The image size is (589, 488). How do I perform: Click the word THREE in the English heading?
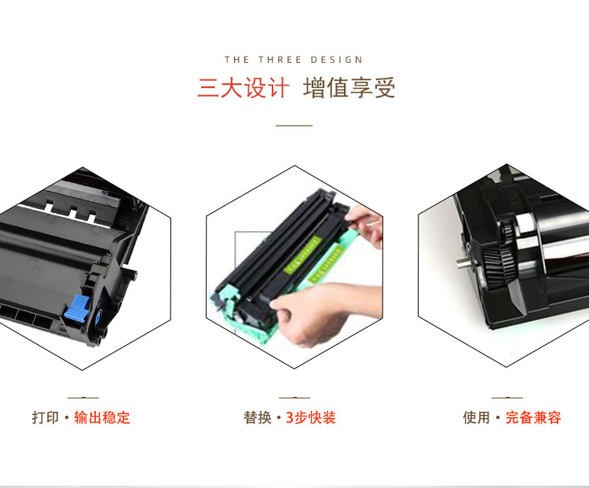click(280, 60)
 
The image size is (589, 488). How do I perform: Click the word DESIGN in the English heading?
click(337, 60)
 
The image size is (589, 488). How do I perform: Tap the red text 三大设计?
click(243, 88)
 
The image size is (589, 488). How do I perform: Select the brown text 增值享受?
click(349, 88)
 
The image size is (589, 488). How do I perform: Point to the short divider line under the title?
click(294, 126)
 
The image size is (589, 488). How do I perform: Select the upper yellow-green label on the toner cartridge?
click(302, 255)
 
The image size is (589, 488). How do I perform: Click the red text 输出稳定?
click(102, 418)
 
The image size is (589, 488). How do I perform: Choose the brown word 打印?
click(46, 418)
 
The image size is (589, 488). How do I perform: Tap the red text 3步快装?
click(311, 418)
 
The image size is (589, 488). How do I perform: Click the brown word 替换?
click(258, 418)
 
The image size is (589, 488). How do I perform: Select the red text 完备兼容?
click(533, 418)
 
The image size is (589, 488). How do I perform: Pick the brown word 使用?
click(477, 418)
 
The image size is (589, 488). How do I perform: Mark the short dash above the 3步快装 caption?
click(294, 398)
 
